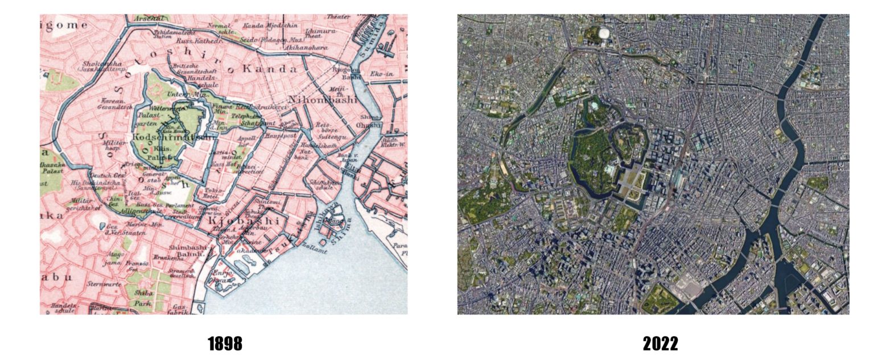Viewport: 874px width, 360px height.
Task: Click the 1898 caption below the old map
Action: tap(225, 344)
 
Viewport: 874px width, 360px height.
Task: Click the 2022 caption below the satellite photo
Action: tap(660, 344)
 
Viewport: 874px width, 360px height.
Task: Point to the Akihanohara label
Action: tap(308, 48)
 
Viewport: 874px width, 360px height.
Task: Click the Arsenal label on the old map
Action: tap(149, 18)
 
